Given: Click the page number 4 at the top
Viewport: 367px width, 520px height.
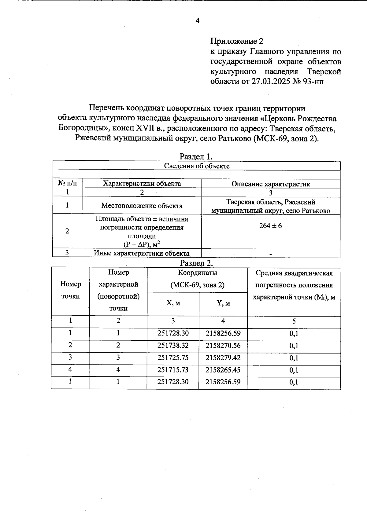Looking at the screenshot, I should (x=197, y=21).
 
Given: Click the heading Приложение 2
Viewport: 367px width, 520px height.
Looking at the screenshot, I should (x=237, y=41).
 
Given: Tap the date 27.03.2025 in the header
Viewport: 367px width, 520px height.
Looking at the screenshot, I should (x=270, y=82).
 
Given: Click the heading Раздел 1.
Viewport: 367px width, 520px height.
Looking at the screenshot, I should (x=196, y=156).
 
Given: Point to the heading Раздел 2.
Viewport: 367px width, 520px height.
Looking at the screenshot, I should (x=196, y=263).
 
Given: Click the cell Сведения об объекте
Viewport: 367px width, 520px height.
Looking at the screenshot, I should (x=197, y=166).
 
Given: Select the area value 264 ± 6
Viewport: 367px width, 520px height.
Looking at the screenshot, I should (x=271, y=226).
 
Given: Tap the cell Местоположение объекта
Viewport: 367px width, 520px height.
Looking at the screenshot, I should (x=142, y=206).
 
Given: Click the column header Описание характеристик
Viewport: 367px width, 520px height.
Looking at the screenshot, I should (x=271, y=184).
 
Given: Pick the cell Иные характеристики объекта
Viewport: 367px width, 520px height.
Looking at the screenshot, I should (x=142, y=253).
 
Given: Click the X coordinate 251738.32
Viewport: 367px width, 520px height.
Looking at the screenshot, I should (x=173, y=346).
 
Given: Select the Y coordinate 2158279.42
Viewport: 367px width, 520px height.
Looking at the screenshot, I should (x=223, y=358).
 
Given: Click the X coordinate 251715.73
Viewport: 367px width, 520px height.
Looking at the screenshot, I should (x=173, y=370).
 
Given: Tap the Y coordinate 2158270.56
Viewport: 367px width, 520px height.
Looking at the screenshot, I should (x=223, y=346).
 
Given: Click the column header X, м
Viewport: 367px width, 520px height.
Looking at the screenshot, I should (x=173, y=303).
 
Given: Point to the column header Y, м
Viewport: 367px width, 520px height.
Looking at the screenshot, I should (x=223, y=303).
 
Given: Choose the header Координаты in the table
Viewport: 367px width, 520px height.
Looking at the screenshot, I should (x=198, y=273).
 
